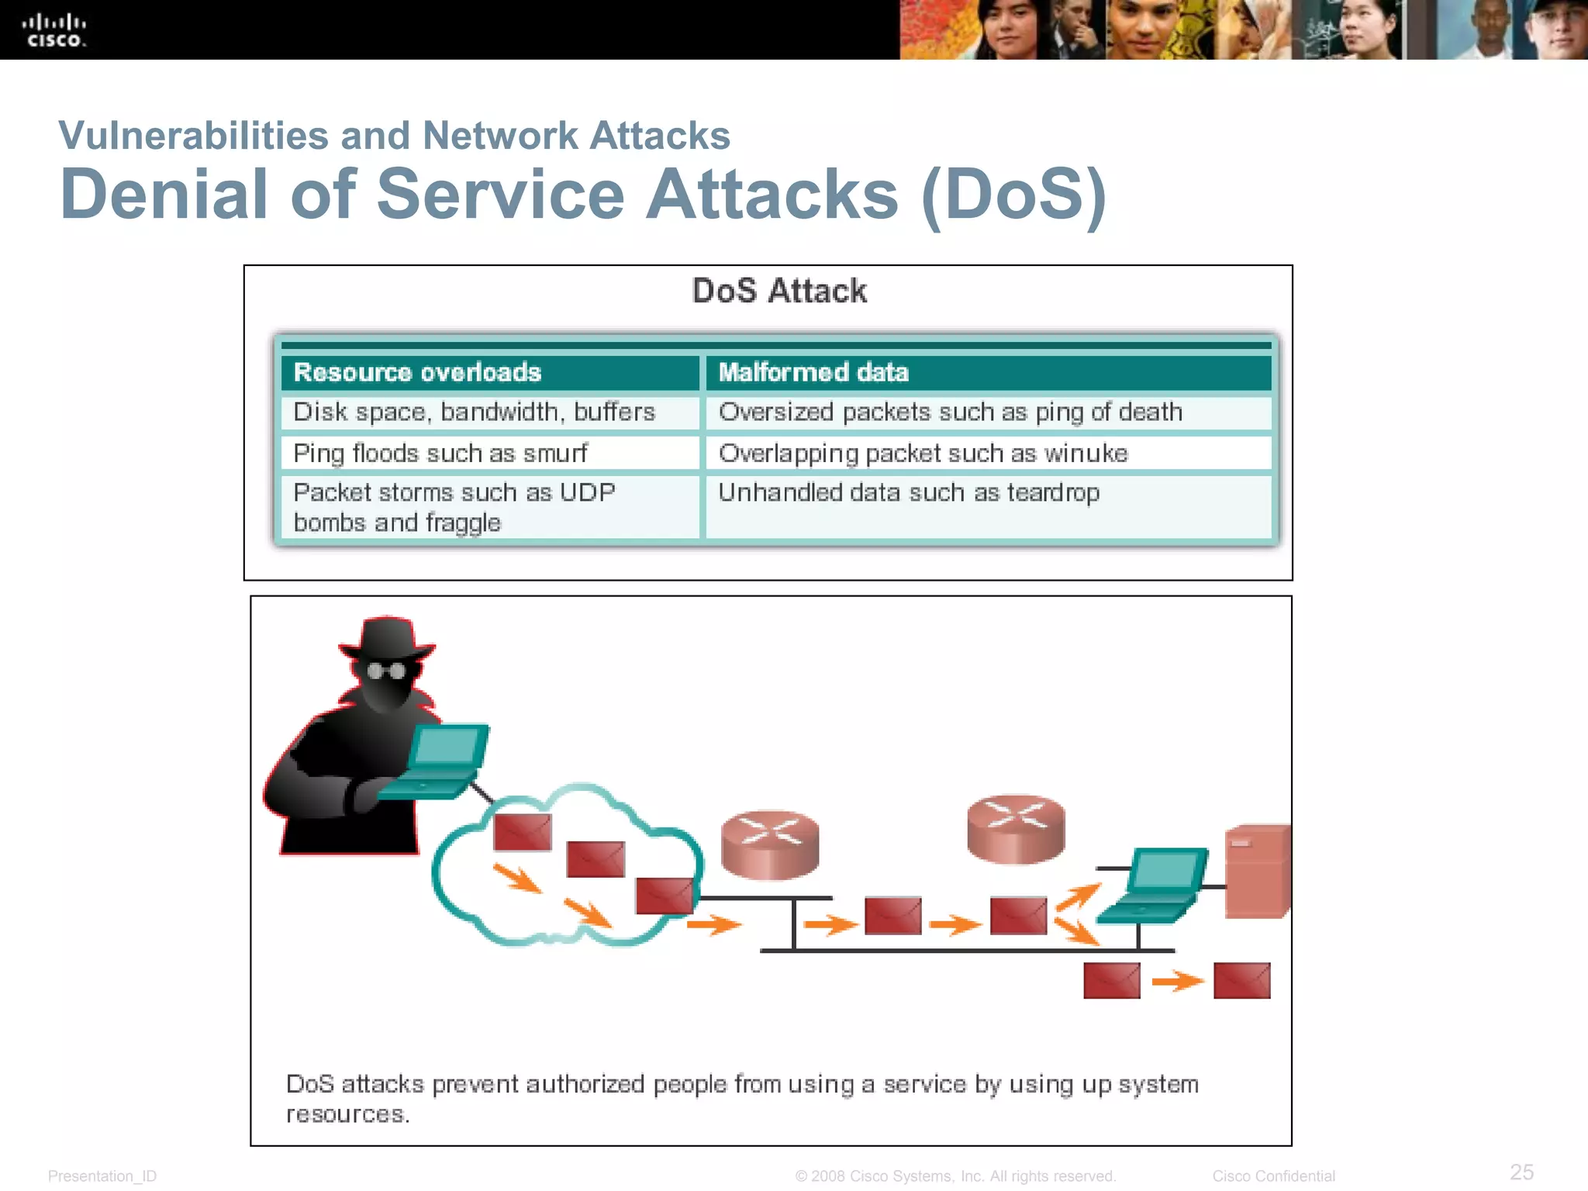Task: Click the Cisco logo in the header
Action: (x=54, y=30)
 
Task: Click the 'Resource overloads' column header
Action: (x=417, y=372)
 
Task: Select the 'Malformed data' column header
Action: (x=813, y=372)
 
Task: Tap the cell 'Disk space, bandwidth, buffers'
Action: (x=474, y=412)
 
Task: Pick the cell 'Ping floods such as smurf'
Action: (x=440, y=453)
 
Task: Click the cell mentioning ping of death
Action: (x=950, y=412)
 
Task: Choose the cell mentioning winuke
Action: (x=923, y=453)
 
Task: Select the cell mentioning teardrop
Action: (x=908, y=493)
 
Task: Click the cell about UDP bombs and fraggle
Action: (x=454, y=507)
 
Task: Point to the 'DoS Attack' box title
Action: (x=778, y=292)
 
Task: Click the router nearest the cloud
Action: (x=769, y=844)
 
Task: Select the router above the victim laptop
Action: (x=1016, y=828)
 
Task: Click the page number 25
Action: (x=1521, y=1172)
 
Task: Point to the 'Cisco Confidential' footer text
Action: (x=1273, y=1176)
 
